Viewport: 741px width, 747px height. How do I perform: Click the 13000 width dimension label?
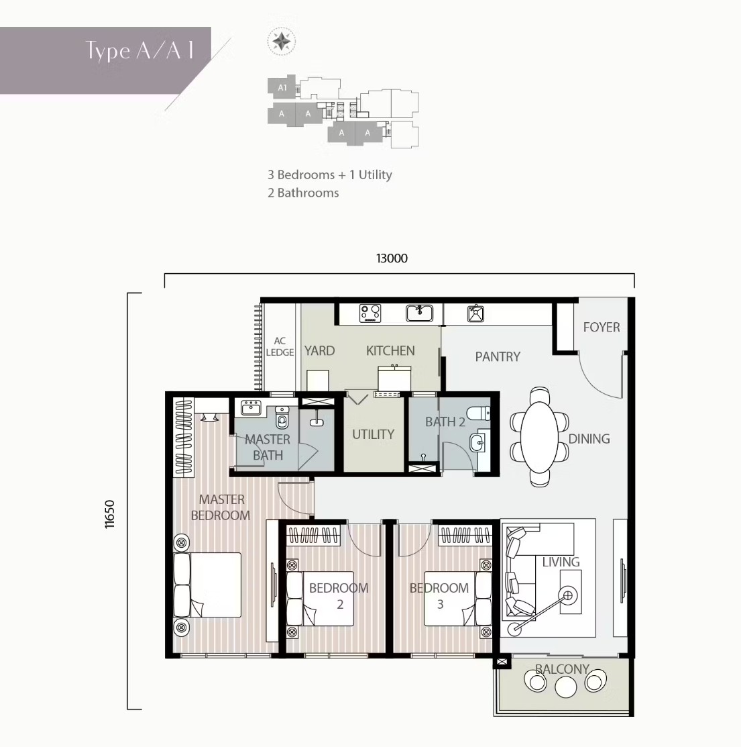(x=392, y=258)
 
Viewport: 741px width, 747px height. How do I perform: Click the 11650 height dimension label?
(x=109, y=514)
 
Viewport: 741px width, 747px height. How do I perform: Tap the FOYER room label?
(x=602, y=328)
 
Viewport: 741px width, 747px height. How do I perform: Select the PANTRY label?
(x=498, y=356)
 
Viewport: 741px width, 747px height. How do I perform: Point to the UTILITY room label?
(x=373, y=434)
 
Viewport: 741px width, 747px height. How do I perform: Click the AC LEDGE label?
(x=280, y=347)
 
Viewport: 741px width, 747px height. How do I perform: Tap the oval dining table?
(x=539, y=437)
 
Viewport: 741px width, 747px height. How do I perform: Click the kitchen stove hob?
(x=369, y=313)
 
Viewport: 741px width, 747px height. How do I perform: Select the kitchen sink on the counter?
(x=419, y=313)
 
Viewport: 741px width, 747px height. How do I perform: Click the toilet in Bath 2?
(x=478, y=413)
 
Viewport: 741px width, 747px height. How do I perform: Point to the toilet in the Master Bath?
(x=282, y=418)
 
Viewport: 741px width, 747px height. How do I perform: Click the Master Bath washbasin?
(x=251, y=408)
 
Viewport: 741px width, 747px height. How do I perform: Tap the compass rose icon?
(x=281, y=42)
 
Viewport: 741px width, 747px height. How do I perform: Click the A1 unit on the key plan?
(x=282, y=87)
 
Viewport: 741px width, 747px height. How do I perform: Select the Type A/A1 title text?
(x=140, y=51)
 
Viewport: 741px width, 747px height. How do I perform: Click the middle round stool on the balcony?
(x=565, y=687)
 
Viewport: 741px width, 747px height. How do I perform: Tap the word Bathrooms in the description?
(x=308, y=193)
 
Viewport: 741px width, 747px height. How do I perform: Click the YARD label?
(x=319, y=350)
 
